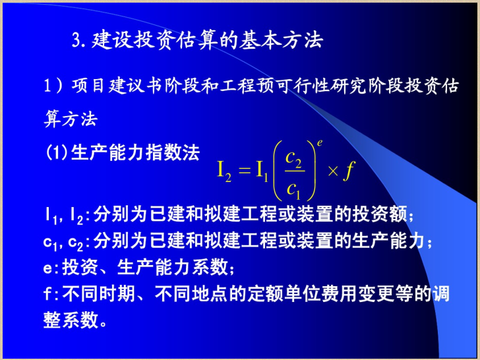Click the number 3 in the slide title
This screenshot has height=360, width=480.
point(76,40)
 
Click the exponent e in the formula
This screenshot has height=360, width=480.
point(320,143)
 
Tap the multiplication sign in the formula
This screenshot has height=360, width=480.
point(333,171)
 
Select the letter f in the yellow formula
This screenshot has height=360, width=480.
point(348,171)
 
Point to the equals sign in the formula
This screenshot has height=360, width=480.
point(245,170)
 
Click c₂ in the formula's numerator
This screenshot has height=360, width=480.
point(293,159)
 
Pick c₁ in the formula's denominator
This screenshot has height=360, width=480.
point(293,190)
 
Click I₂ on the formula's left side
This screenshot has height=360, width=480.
point(224,171)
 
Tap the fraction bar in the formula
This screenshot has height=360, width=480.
point(295,171)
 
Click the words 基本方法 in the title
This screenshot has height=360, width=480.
point(281,40)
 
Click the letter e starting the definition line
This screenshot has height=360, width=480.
point(47,268)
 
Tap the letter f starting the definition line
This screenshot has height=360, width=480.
point(47,294)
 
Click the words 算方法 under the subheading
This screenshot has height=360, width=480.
point(71,119)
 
